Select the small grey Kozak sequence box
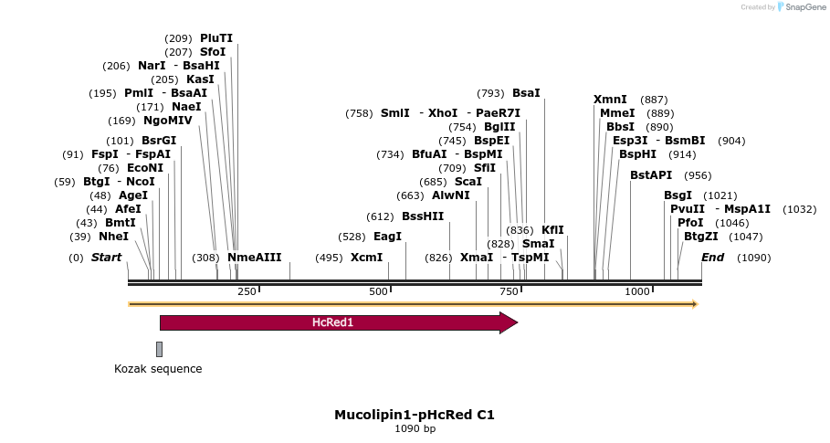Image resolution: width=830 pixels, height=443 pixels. [159, 349]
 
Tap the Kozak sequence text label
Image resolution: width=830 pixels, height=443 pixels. [158, 369]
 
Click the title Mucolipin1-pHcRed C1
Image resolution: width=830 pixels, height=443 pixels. [415, 415]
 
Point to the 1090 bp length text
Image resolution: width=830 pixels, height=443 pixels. [415, 428]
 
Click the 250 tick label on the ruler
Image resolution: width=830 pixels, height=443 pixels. [247, 291]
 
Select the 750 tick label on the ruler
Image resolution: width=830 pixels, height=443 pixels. [508, 291]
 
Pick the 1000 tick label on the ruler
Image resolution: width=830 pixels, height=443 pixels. [636, 291]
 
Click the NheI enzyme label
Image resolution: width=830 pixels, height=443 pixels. [113, 237]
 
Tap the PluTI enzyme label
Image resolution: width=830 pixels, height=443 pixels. [216, 38]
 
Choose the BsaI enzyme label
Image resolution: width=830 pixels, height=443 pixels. [526, 93]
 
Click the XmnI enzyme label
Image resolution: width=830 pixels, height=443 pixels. [610, 100]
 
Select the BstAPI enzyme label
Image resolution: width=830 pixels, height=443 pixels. [651, 175]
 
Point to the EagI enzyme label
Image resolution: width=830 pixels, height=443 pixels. [387, 237]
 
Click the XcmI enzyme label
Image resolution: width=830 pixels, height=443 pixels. [366, 258]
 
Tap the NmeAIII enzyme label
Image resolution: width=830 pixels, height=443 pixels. [254, 258]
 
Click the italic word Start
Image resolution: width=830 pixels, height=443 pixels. [106, 258]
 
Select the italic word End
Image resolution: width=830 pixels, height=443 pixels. [712, 258]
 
